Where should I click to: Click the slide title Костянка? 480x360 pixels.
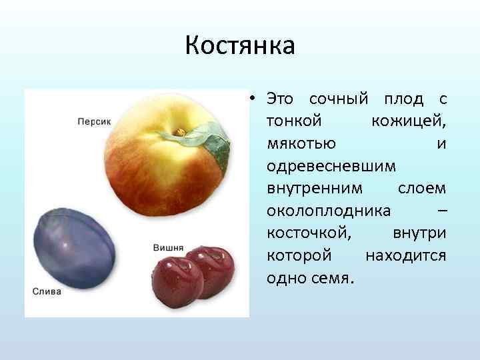pos(239,47)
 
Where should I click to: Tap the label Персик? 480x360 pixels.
pos(94,121)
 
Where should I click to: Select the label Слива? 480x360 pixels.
pos(47,291)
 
